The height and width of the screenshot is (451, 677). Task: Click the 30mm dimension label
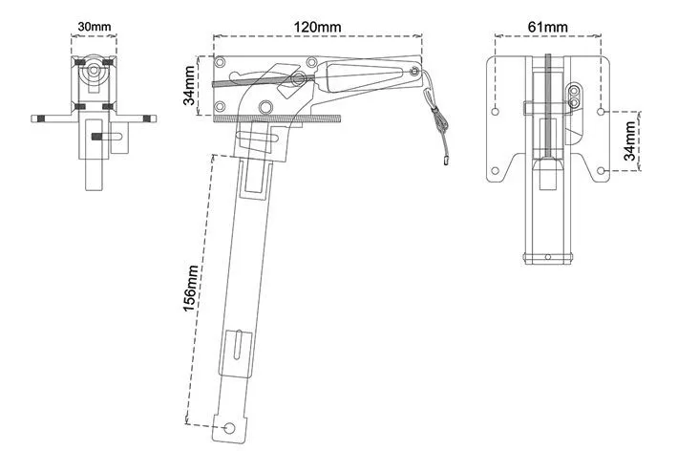pos(95,27)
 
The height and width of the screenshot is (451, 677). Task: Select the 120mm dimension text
pos(317,27)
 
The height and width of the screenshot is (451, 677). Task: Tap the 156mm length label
pos(190,289)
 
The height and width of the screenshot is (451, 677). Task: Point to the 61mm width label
pos(547,27)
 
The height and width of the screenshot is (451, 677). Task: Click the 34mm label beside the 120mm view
pos(190,85)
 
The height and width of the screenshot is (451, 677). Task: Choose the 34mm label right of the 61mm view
pos(631,140)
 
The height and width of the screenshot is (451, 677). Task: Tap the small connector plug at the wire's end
pos(445,161)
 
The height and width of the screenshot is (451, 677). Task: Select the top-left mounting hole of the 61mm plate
pos(496,112)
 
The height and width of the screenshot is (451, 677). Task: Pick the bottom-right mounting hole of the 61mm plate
pos(601,171)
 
